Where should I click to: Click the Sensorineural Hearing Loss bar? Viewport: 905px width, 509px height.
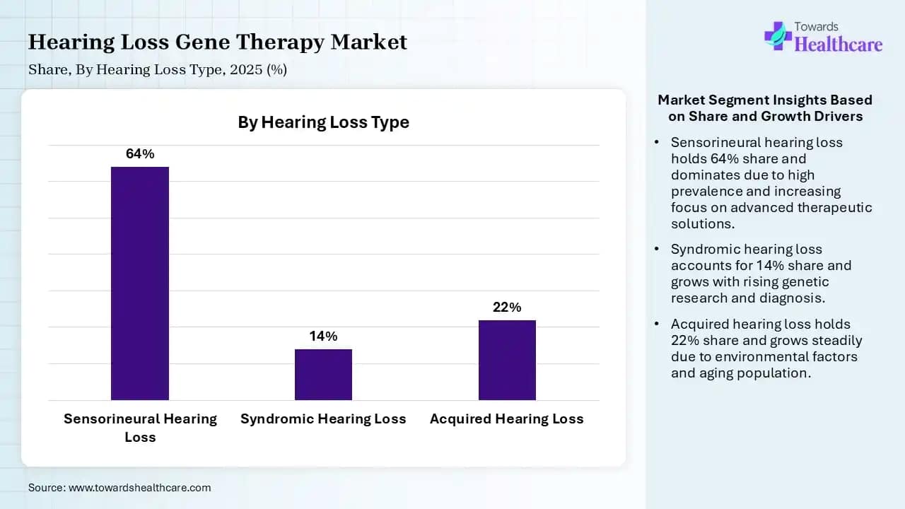(140, 283)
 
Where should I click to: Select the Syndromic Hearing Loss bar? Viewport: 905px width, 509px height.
(323, 375)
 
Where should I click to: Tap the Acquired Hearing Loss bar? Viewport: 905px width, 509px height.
(507, 360)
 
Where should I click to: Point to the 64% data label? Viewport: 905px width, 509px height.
(140, 153)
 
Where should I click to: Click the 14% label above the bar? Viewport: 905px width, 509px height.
(323, 336)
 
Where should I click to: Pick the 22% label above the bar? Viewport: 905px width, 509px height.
(507, 307)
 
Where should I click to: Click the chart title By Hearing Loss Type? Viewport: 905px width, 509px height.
(323, 122)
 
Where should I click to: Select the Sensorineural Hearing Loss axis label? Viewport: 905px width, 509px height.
(140, 427)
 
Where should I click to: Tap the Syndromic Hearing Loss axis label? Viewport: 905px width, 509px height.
(323, 419)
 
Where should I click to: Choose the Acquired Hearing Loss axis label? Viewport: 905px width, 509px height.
(507, 419)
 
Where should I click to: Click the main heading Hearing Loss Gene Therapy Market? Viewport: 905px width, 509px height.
(218, 42)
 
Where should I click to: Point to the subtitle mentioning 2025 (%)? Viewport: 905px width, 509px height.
(158, 69)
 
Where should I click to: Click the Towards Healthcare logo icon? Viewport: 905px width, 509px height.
(777, 35)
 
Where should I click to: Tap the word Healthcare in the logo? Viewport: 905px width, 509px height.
(839, 45)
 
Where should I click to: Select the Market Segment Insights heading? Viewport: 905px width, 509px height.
(765, 107)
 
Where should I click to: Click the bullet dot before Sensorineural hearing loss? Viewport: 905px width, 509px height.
(656, 142)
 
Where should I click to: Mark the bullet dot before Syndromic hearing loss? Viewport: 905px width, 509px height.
(656, 249)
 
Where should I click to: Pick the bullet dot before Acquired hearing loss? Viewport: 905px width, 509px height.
(656, 324)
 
